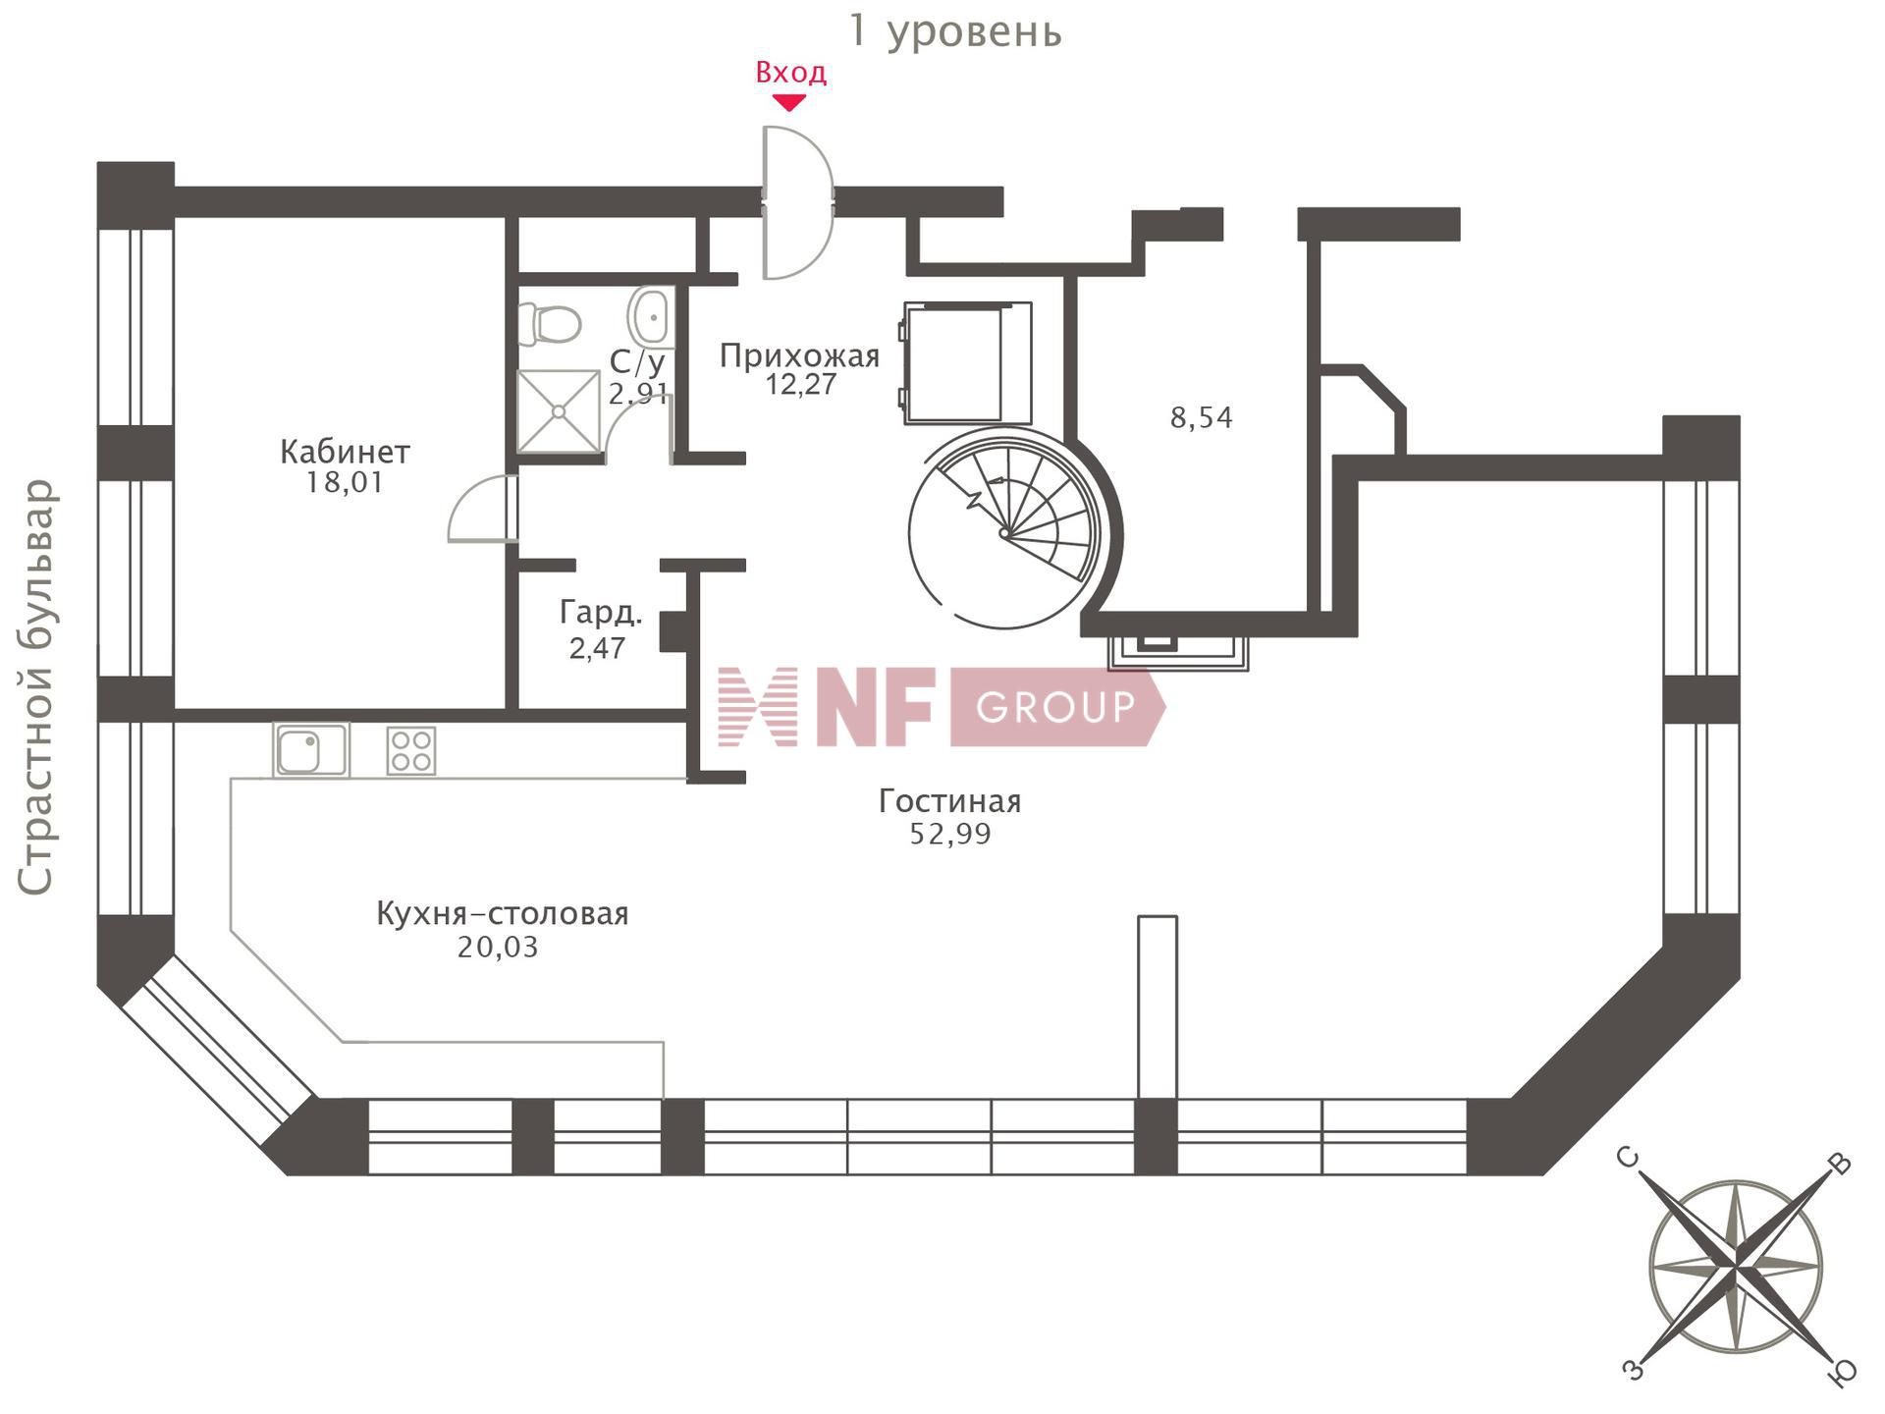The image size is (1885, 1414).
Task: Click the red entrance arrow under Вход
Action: click(789, 102)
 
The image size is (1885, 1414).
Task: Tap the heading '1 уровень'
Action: click(955, 31)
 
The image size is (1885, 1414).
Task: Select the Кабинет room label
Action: click(345, 452)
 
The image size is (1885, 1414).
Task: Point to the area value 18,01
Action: click(344, 483)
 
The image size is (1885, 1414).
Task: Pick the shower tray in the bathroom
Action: click(559, 411)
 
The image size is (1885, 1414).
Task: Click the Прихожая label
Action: click(799, 355)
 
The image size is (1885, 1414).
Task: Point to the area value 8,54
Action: click(1201, 418)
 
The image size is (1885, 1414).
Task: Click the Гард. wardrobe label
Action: click(601, 614)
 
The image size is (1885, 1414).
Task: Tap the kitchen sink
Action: click(310, 750)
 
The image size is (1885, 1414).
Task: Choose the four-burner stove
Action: click(411, 750)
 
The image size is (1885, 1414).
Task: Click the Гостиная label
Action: click(949, 801)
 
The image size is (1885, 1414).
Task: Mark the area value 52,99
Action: click(949, 835)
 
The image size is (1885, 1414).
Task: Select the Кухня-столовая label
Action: click(502, 914)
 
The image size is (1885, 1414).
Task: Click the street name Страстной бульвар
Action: click(35, 687)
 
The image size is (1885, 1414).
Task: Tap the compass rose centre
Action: click(1736, 1267)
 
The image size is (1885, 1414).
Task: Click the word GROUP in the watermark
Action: click(1055, 706)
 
